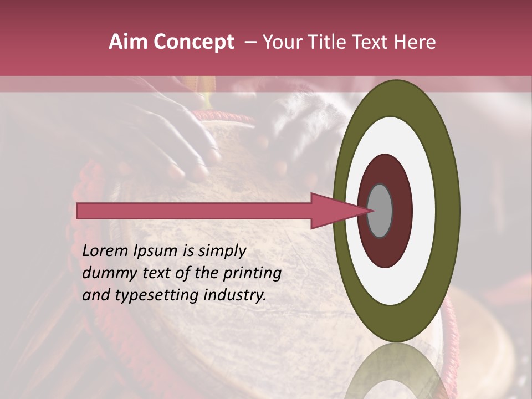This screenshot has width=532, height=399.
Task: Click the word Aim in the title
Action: (x=129, y=42)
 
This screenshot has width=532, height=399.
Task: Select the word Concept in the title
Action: (x=193, y=42)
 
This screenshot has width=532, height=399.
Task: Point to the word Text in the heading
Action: (x=370, y=42)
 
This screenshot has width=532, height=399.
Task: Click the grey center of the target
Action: (x=380, y=211)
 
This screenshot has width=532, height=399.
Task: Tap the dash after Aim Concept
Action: (x=250, y=43)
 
